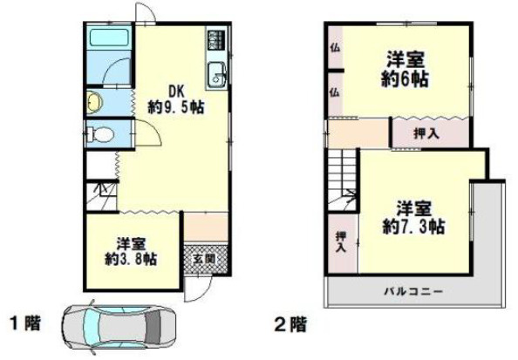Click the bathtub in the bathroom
pos(109,40)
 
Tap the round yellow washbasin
pos(94,103)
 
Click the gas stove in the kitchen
pos(215,41)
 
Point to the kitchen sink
pos(216,76)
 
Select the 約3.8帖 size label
pos(131,259)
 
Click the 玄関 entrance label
pos(201,258)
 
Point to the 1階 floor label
pos(24,325)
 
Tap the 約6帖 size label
pos(406,78)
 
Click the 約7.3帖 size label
pos(414,226)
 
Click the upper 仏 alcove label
pos(334,47)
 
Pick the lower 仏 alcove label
pos(334,91)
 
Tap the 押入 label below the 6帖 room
pos(425,133)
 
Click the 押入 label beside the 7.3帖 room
pos(340,242)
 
